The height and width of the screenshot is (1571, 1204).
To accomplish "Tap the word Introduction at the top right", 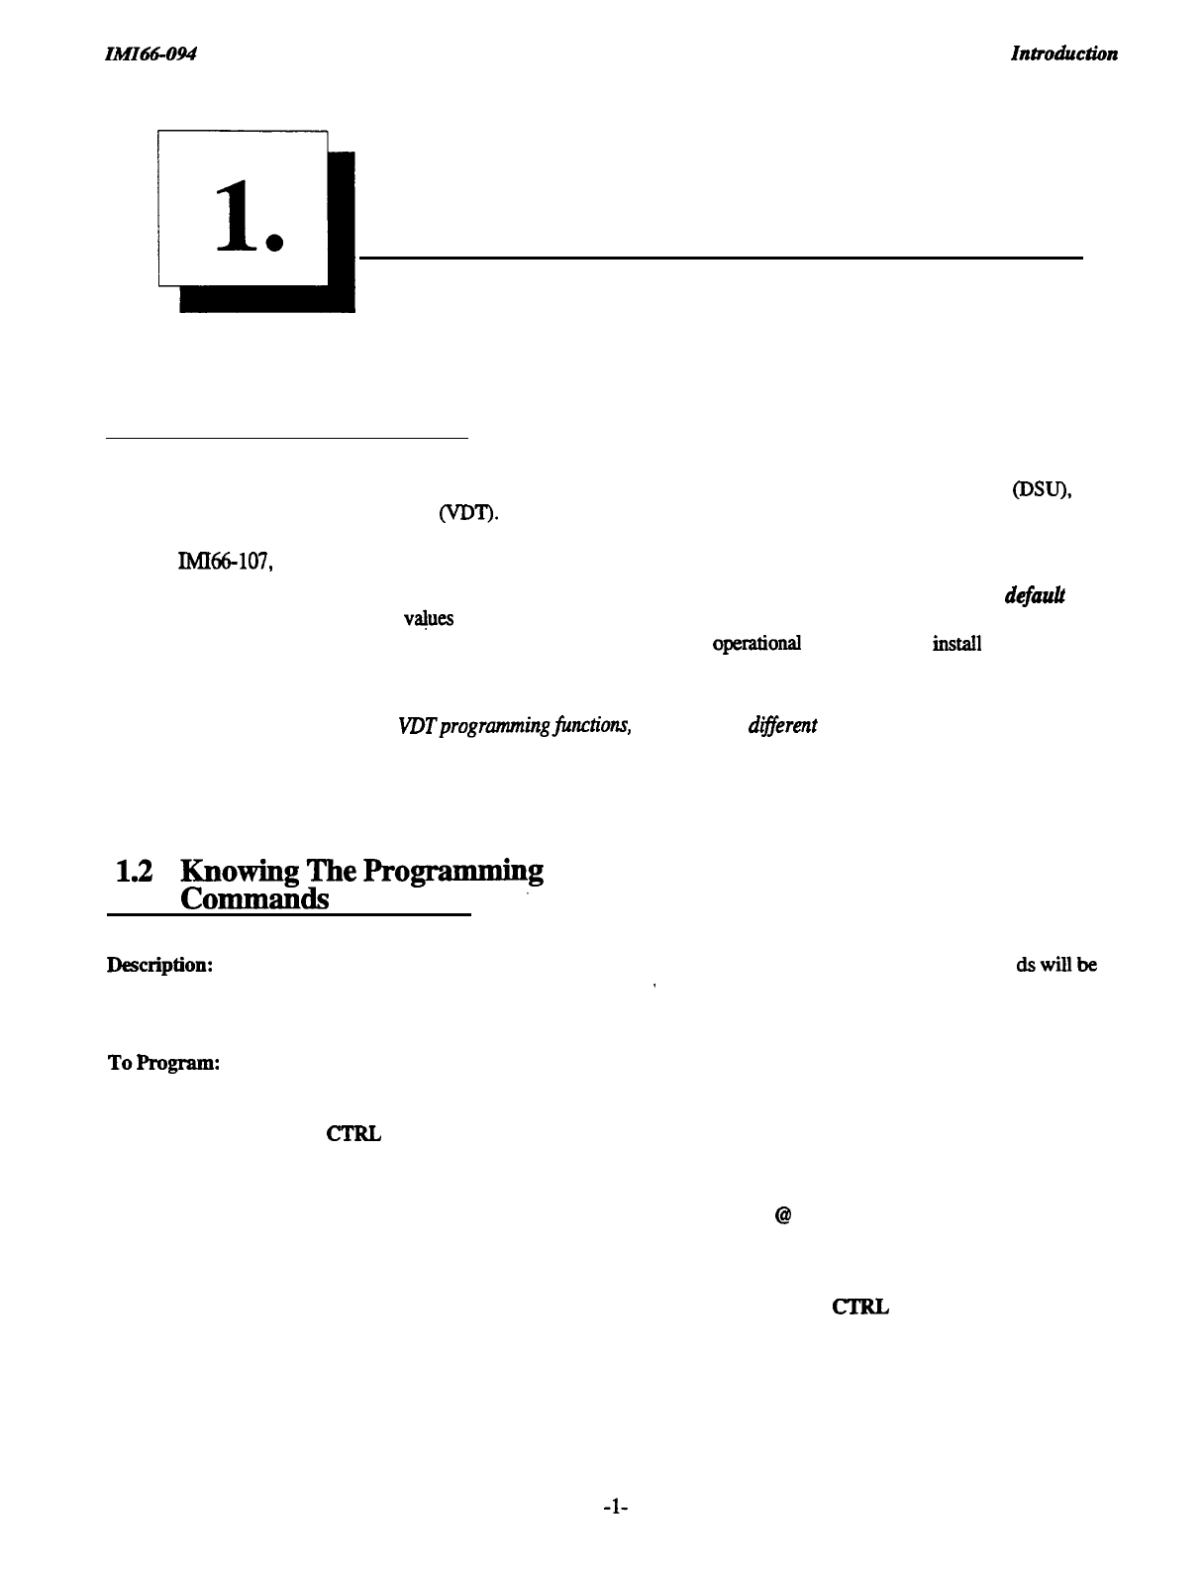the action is [x=1063, y=53].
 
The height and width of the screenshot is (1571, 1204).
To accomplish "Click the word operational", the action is [x=756, y=644].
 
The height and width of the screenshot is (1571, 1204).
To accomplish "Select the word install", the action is [x=955, y=644].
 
